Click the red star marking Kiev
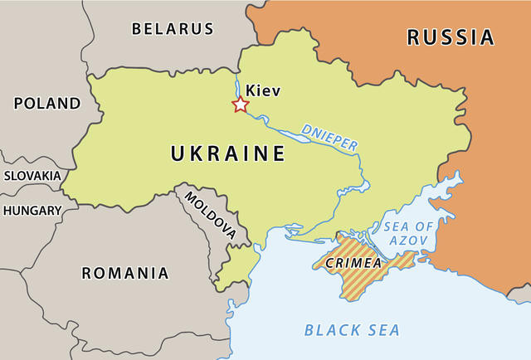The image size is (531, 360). pyautogui.click(x=240, y=105)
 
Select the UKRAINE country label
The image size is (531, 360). pyautogui.click(x=227, y=153)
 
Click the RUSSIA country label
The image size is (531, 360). pyautogui.click(x=450, y=37)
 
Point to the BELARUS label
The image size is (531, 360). pyautogui.click(x=173, y=29)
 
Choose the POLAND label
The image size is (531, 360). pyautogui.click(x=46, y=104)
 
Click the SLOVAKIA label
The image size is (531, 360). pyautogui.click(x=32, y=176)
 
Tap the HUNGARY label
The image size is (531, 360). pyautogui.click(x=32, y=211)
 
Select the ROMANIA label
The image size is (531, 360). pyautogui.click(x=124, y=273)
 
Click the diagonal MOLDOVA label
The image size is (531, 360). pyautogui.click(x=210, y=216)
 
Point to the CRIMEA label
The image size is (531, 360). pyautogui.click(x=353, y=263)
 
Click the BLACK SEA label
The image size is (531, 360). pyautogui.click(x=352, y=330)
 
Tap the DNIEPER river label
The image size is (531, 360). pyautogui.click(x=329, y=137)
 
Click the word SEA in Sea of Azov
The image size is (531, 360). pyautogui.click(x=396, y=226)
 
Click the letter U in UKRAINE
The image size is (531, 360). pyautogui.click(x=178, y=153)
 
